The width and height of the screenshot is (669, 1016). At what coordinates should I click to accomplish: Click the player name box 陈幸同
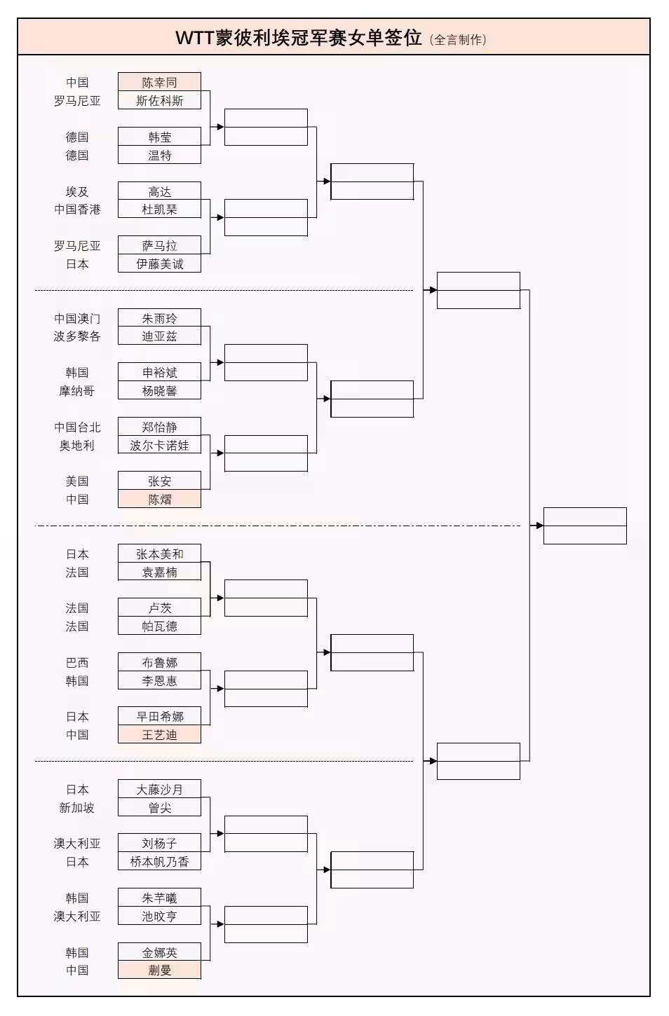click(x=159, y=82)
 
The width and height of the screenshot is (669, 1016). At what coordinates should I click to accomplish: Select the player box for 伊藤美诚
click(x=159, y=264)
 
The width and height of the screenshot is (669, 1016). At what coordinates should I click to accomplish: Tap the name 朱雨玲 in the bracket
click(x=159, y=318)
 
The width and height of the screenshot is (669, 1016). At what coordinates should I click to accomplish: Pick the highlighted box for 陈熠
click(x=159, y=500)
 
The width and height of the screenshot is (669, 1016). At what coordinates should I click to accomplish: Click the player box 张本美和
click(x=159, y=554)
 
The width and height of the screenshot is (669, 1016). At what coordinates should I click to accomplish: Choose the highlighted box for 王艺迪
click(x=159, y=735)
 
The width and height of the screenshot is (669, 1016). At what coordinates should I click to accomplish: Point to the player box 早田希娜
click(x=159, y=716)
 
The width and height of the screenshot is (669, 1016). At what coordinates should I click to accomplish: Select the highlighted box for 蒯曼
click(x=159, y=970)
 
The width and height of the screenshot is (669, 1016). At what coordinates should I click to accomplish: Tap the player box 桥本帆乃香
click(x=159, y=862)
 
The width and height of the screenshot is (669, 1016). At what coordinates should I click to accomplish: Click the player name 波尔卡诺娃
click(x=159, y=446)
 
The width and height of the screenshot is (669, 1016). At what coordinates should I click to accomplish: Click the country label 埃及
click(x=77, y=191)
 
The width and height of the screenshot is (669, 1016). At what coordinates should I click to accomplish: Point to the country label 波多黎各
click(x=77, y=336)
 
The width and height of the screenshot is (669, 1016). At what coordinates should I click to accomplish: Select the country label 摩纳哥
click(x=77, y=391)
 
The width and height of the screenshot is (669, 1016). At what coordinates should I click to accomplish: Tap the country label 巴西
click(x=77, y=662)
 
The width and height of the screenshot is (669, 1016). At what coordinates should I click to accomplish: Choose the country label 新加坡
click(x=77, y=808)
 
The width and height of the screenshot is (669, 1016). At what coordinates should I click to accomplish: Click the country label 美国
click(x=77, y=481)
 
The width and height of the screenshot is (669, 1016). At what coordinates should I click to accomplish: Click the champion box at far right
click(x=584, y=526)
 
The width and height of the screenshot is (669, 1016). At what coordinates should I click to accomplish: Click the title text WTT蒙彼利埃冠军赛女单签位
click(x=298, y=38)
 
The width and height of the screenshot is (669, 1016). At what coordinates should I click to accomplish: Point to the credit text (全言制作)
click(x=458, y=40)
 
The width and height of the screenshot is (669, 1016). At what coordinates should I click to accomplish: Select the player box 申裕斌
click(x=159, y=373)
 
